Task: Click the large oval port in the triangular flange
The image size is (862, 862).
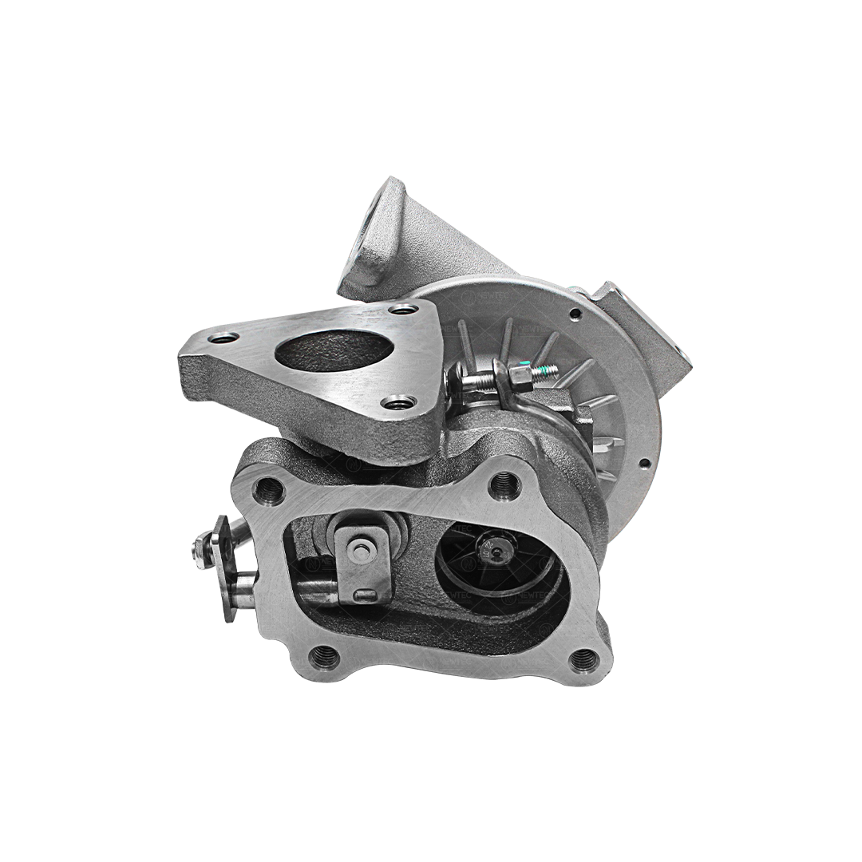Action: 332,350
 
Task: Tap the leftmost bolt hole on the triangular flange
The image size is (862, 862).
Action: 223,339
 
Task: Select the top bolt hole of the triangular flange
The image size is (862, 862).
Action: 404,309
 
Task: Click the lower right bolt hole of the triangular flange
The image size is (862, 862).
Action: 397,403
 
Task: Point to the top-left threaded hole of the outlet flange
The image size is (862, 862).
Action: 267,488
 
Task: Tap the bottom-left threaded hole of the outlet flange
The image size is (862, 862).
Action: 322,656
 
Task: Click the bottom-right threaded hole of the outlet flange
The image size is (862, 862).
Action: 583,659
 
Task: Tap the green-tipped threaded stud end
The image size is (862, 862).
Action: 549,370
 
